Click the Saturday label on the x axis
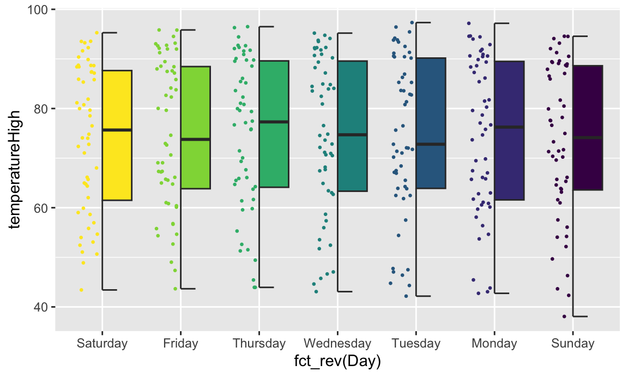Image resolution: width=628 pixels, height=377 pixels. pyautogui.click(x=102, y=344)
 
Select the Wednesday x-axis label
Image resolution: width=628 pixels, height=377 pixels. pyautogui.click(x=337, y=344)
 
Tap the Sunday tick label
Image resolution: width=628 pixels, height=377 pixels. pyautogui.click(x=572, y=344)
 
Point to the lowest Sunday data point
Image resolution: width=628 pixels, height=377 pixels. pyautogui.click(x=564, y=316)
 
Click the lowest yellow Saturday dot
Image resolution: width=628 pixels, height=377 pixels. pyautogui.click(x=81, y=290)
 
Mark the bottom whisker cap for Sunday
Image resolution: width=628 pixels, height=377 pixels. pyautogui.click(x=580, y=316)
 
